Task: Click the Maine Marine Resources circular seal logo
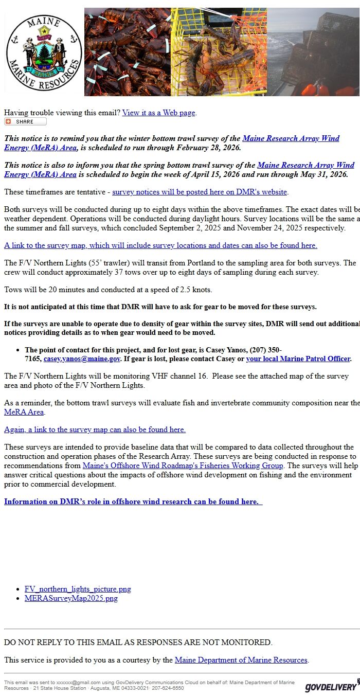[44, 52]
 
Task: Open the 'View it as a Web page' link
[158, 113]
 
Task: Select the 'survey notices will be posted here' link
[199, 192]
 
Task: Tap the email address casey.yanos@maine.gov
[82, 359]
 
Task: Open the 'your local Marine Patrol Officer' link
[298, 359]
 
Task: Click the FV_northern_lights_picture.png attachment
[78, 589]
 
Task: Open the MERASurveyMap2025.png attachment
[71, 598]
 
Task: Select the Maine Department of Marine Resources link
[241, 660]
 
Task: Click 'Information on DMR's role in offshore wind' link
[133, 502]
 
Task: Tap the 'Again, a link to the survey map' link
[95, 430]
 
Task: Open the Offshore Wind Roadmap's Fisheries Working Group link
[183, 466]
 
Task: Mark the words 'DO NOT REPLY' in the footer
[29, 642]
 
